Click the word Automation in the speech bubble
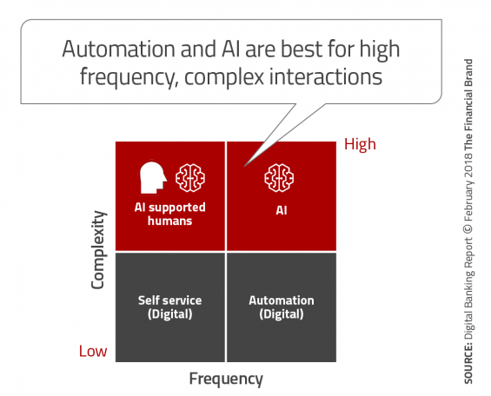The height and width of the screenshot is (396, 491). (118, 49)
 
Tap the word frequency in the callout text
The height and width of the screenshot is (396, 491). (127, 77)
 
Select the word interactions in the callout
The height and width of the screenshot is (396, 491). (326, 76)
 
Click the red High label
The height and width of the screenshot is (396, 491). (360, 145)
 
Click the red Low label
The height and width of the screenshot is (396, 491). (93, 351)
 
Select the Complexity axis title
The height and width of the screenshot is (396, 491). (97, 249)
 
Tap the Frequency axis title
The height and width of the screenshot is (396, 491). (226, 379)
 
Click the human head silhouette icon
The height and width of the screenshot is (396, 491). (153, 178)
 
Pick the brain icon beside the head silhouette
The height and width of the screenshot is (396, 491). (190, 178)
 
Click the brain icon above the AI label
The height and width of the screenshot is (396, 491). (279, 178)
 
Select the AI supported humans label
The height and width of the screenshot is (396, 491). (170, 214)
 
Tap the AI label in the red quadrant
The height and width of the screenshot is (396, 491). (282, 210)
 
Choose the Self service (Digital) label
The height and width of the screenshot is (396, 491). (170, 307)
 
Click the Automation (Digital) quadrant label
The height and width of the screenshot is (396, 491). (282, 307)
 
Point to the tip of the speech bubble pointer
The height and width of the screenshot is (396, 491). (244, 166)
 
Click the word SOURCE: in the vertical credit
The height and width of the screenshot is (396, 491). (468, 364)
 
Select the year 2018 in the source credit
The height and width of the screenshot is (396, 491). (468, 166)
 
